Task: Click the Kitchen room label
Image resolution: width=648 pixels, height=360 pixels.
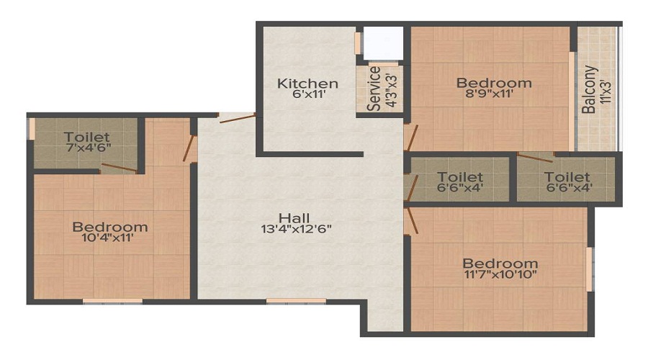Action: (307, 84)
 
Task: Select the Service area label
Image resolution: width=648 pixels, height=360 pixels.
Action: (374, 89)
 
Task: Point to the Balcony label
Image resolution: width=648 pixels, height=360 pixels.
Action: (589, 89)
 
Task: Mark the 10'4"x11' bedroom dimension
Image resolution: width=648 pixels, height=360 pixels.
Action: (110, 238)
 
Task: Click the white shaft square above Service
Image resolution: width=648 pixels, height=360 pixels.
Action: (382, 44)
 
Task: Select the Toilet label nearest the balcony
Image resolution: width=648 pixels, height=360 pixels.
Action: (567, 177)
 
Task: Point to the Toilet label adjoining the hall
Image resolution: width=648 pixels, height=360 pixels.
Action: (460, 177)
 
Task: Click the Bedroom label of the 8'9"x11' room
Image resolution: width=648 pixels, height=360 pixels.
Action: (494, 83)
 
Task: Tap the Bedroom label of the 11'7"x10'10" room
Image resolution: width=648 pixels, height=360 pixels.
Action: (500, 263)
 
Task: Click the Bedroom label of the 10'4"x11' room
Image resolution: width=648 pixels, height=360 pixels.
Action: (110, 227)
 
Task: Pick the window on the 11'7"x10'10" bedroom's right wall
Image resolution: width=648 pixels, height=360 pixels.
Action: (589, 269)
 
